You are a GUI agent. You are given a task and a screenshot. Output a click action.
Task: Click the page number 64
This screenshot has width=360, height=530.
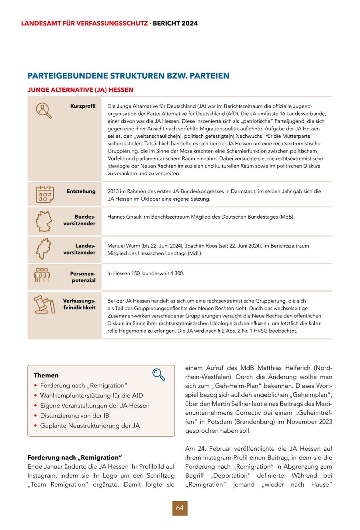tap(180, 508)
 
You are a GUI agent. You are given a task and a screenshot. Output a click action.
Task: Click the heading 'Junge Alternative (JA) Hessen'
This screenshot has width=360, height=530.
tap(80, 90)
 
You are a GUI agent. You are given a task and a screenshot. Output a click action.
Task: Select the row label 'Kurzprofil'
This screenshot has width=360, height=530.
tap(83, 106)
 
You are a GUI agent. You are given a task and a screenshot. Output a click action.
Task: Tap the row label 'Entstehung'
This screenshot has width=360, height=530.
tap(81, 191)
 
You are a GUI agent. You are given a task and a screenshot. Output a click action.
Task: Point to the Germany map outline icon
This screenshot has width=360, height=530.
tap(44, 222)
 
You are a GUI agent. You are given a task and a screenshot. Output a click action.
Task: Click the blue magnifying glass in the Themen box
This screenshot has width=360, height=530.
tap(159, 375)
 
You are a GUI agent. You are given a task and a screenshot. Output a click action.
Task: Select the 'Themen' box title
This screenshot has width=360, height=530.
tap(46, 375)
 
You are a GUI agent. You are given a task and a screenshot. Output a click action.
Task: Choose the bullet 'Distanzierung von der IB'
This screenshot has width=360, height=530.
tap(74, 416)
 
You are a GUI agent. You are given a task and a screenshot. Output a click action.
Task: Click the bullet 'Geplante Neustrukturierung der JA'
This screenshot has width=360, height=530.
tap(90, 426)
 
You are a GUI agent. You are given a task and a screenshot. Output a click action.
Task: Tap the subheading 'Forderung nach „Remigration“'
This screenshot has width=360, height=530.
tap(74, 457)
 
